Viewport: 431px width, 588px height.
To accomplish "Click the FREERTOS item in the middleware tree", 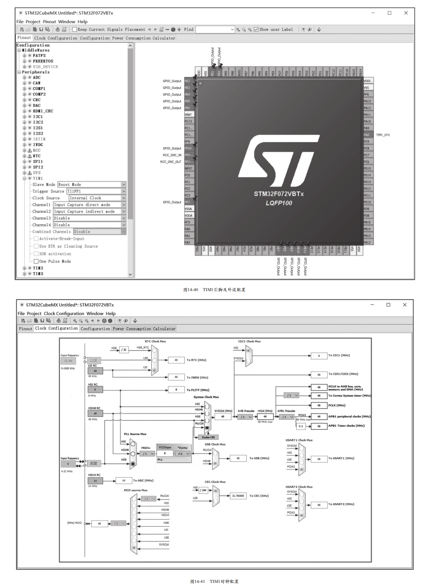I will click(x=43, y=61).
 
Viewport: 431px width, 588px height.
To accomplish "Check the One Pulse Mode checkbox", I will click(x=36, y=261).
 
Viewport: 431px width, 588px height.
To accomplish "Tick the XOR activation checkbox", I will click(x=36, y=254).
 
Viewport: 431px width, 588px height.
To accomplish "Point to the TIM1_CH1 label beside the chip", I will click(x=383, y=135).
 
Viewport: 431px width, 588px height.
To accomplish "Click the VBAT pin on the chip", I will click(x=188, y=115).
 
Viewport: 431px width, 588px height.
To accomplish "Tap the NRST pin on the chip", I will click(x=188, y=168).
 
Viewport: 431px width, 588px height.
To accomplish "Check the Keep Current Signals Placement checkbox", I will click(x=75, y=29).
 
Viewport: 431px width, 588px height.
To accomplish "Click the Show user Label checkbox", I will click(x=256, y=29).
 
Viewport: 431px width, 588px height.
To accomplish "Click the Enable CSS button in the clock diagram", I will click(x=208, y=437).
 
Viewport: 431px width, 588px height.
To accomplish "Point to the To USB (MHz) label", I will click(x=259, y=458).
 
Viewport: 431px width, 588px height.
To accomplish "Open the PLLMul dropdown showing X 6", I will click(x=183, y=454).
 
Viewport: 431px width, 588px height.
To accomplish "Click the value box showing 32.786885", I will click(x=238, y=496).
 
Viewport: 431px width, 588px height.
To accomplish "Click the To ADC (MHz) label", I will click(x=143, y=480).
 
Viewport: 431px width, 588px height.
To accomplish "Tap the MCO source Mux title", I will click(x=135, y=490).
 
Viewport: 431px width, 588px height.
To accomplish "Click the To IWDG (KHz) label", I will click(x=197, y=377).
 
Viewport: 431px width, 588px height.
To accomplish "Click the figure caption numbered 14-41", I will click(x=214, y=581).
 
